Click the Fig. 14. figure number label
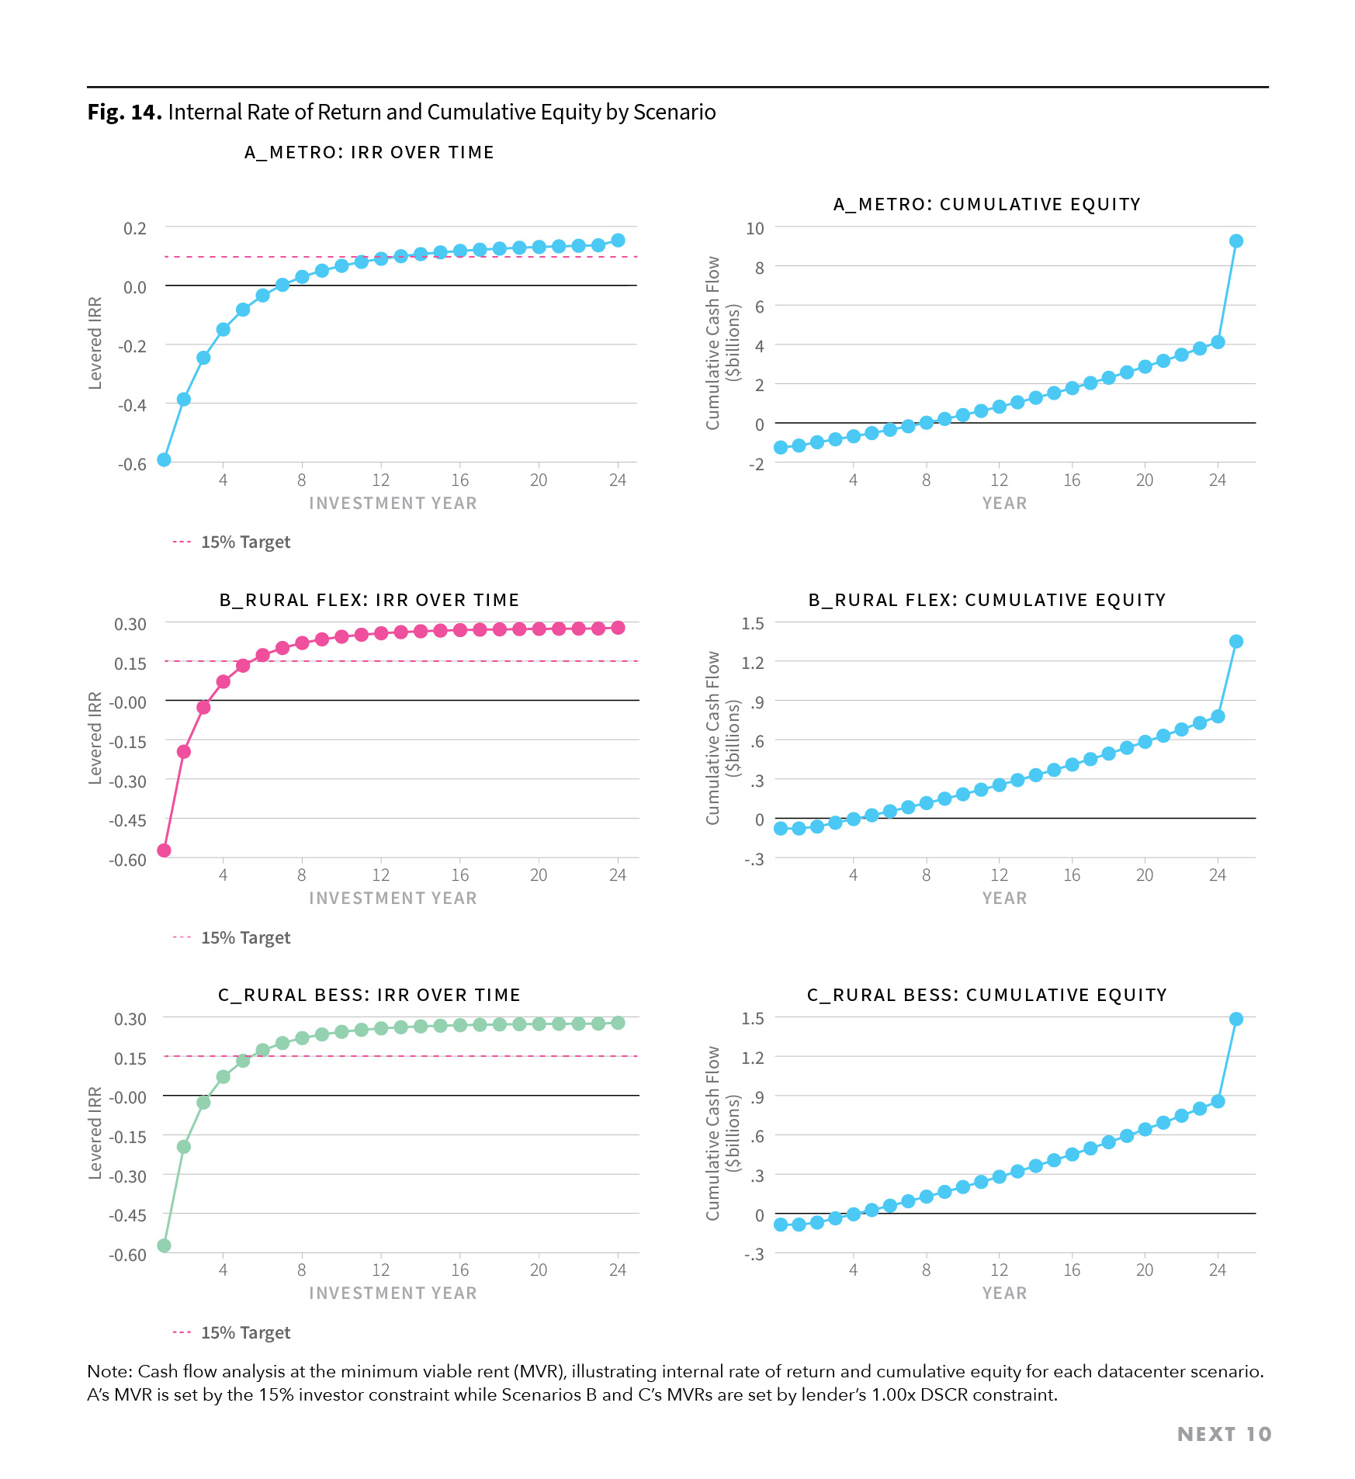pyautogui.click(x=124, y=113)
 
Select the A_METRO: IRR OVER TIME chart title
pyautogui.click(x=369, y=153)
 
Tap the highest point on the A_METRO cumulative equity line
pyautogui.click(x=1235, y=241)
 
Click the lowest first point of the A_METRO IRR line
pyautogui.click(x=164, y=459)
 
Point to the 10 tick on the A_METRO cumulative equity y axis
pyautogui.click(x=754, y=228)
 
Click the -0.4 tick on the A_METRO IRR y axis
pyautogui.click(x=132, y=405)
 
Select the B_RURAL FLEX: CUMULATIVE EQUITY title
pyautogui.click(x=986, y=601)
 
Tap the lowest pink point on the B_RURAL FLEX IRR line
pyautogui.click(x=164, y=850)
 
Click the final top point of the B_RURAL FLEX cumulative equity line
pyautogui.click(x=1235, y=642)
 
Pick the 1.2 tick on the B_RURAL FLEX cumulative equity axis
pyautogui.click(x=753, y=663)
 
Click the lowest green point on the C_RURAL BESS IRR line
pyautogui.click(x=164, y=1245)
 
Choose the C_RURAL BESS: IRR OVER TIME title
pyautogui.click(x=369, y=996)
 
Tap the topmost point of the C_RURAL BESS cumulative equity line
pyautogui.click(x=1235, y=1019)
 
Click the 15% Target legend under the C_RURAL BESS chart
pyautogui.click(x=244, y=1333)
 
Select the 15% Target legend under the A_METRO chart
pyautogui.click(x=244, y=542)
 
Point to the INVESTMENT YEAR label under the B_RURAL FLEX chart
pyautogui.click(x=393, y=899)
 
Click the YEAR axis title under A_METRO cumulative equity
pyautogui.click(x=1004, y=504)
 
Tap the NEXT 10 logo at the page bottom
pyautogui.click(x=1224, y=1434)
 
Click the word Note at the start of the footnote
pyautogui.click(x=109, y=1372)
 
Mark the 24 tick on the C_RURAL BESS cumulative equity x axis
pyautogui.click(x=1217, y=1270)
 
